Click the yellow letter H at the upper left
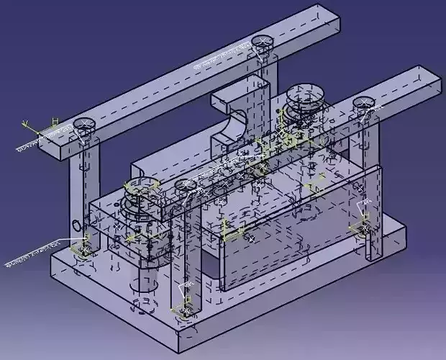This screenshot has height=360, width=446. tap(54, 120)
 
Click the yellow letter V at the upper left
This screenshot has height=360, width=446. tap(26, 123)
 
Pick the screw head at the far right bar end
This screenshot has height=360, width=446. tap(364, 104)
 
